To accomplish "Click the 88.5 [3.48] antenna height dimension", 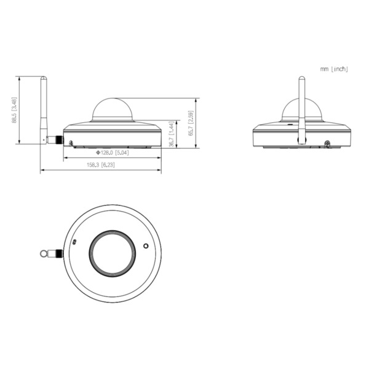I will tap(15, 111).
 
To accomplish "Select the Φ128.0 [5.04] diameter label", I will tap(112, 152).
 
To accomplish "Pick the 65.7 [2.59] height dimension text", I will tap(191, 123).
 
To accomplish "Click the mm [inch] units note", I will tap(334, 69).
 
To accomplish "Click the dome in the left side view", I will tap(112, 109).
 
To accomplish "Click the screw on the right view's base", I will tap(327, 144).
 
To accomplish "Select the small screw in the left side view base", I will tap(71, 144).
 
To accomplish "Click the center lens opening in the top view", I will tap(112, 252).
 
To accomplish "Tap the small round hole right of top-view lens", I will tap(146, 245).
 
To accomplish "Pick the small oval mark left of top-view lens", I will tap(75, 242).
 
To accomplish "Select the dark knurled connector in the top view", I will tap(58, 253).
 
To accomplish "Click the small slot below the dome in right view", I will tap(287, 124).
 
